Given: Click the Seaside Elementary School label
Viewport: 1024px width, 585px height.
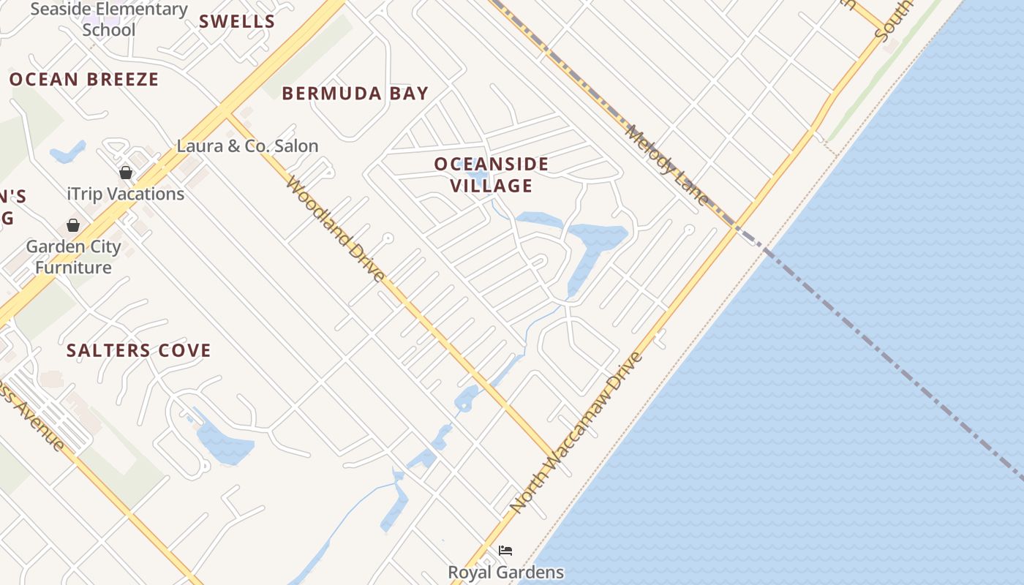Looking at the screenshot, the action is tap(109, 20).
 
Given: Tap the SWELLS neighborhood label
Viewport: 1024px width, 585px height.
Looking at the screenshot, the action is tap(237, 21).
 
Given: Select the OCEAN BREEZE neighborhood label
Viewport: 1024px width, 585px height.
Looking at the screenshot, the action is tap(84, 79).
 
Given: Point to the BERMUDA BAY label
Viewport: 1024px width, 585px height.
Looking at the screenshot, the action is tap(355, 93).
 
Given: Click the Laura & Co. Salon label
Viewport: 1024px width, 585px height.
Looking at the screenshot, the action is tap(247, 146).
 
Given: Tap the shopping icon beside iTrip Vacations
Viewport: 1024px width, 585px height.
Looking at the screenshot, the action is tap(126, 173).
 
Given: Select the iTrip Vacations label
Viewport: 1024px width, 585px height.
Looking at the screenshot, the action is tap(125, 194).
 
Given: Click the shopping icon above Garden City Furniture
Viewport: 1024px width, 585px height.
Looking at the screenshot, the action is tap(73, 225).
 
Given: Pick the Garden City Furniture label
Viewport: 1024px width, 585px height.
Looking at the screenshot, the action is tap(73, 257).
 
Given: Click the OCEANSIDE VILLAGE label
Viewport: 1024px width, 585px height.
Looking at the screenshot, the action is tap(492, 174).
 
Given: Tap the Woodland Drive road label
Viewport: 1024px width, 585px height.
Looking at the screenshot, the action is tap(335, 228).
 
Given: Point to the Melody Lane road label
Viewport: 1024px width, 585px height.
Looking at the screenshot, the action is tap(666, 165).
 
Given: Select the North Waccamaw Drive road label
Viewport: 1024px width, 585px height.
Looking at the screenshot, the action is tap(576, 431).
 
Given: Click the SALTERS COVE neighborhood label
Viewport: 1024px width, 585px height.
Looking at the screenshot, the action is tap(139, 350).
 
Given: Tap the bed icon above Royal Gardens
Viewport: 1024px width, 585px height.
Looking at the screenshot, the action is tap(505, 550).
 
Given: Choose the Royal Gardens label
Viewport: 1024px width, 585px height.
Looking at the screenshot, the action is tap(505, 572).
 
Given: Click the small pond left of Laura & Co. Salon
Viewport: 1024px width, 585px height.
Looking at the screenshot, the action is tap(67, 153).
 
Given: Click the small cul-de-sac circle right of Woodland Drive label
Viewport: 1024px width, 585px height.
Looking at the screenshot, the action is tap(388, 238).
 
